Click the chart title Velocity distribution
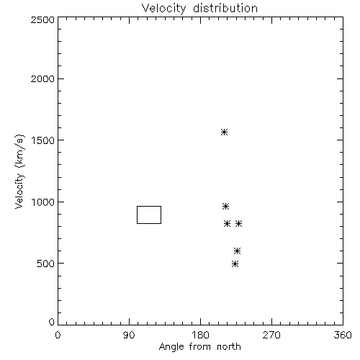pos(199,8)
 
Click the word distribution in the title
pos(225,8)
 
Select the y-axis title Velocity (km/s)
pos(19,171)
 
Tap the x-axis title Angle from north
pos(199,347)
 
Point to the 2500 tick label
pos(42,19)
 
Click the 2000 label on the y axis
pos(42,78)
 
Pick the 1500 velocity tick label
pos(43,140)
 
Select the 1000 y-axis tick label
pos(43,202)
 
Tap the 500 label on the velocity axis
pos(46,264)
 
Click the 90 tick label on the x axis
pos(129,335)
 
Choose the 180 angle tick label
pos(200,335)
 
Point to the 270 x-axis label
pos(271,335)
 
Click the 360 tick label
pos(343,335)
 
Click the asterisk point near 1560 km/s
pos(224,132)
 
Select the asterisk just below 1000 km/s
pos(225,206)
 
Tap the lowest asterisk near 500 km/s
pos(235,264)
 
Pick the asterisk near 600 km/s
pos(237,251)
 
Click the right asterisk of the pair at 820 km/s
pos(238,223)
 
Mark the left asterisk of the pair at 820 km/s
pos(227,223)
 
